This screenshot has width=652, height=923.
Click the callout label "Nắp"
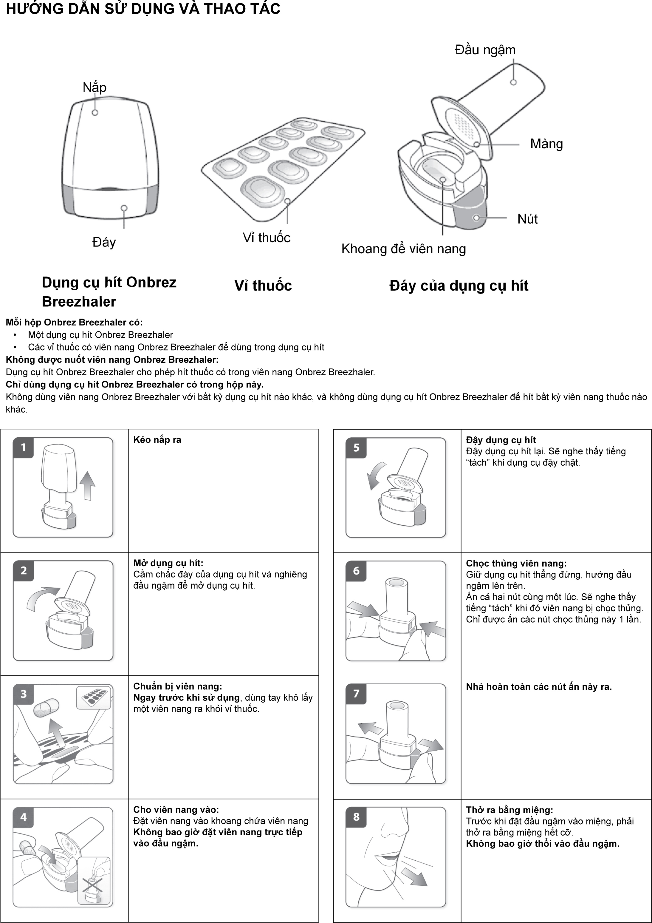coord(95,87)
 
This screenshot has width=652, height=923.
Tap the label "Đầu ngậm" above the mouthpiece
coord(485,50)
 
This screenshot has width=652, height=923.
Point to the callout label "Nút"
coord(527,219)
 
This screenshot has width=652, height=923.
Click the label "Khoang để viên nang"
coord(403,249)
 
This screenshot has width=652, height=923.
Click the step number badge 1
coord(23,447)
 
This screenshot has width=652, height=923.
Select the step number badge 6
coord(356,570)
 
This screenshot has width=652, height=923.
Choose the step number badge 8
coord(356,817)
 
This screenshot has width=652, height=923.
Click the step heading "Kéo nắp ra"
coord(157,440)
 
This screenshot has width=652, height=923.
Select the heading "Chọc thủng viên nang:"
coord(516,563)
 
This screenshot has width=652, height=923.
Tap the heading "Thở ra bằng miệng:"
coord(509,810)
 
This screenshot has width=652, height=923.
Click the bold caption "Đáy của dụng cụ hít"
coord(459,286)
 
